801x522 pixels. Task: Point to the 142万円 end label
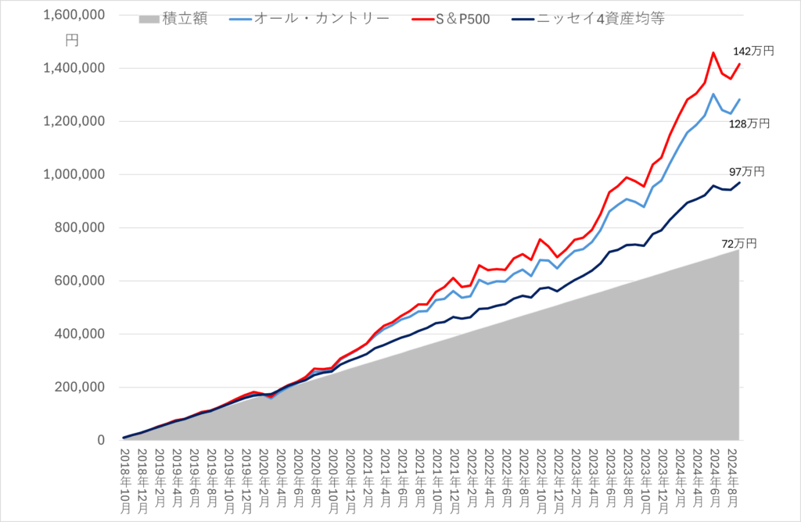[x=753, y=51]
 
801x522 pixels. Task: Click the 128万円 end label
[x=749, y=123]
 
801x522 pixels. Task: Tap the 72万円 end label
[x=739, y=244]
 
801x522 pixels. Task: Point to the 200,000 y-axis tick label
[x=79, y=388]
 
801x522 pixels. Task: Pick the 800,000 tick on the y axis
[x=79, y=228]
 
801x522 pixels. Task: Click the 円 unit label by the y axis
[x=74, y=40]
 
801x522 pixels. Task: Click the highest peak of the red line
[x=713, y=53]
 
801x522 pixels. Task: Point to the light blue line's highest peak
[x=713, y=94]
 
